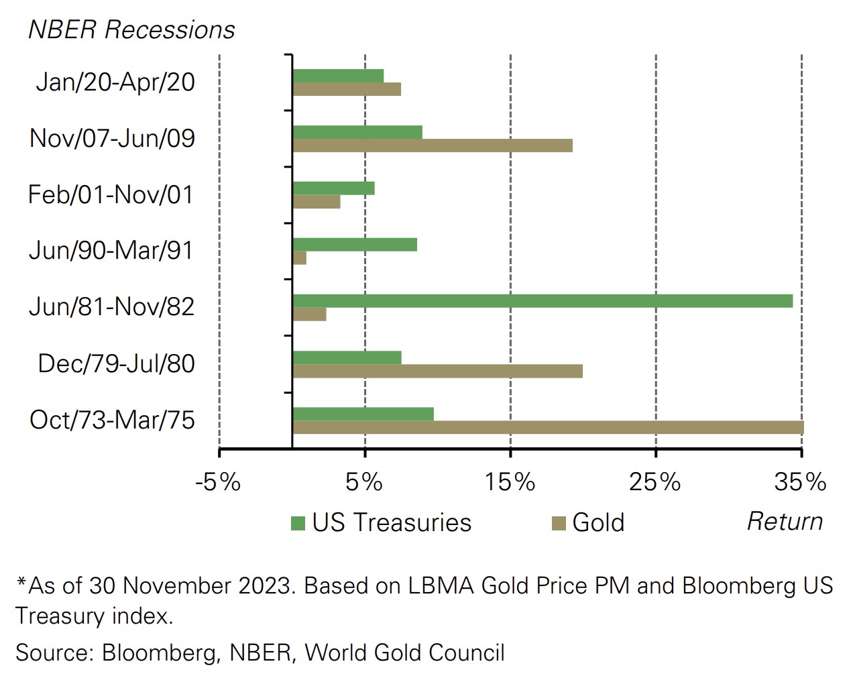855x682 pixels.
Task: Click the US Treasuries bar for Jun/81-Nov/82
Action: coord(543,301)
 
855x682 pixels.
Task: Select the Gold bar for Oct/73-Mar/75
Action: coord(548,427)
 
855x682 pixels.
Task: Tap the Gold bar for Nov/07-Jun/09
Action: coord(433,146)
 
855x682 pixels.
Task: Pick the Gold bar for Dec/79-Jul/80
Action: coord(437,371)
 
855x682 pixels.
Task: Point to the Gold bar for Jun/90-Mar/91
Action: coord(300,258)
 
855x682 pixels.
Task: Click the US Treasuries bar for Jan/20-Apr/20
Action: coord(338,76)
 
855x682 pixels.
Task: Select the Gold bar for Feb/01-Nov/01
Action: coord(317,202)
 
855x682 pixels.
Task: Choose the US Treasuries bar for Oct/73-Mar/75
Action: coord(363,414)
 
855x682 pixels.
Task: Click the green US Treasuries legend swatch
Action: coord(298,523)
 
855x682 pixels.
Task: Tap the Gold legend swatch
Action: coord(559,523)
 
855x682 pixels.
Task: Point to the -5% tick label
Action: coord(218,481)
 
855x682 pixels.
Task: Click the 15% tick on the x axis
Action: coord(510,481)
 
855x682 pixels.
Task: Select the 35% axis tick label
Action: coord(800,481)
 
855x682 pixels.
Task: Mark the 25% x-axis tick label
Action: coord(655,481)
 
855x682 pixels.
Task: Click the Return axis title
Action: coord(785,521)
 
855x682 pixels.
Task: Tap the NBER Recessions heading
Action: coord(131,30)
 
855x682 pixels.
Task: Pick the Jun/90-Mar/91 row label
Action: coord(111,250)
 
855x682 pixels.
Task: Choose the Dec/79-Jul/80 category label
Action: coord(116,363)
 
